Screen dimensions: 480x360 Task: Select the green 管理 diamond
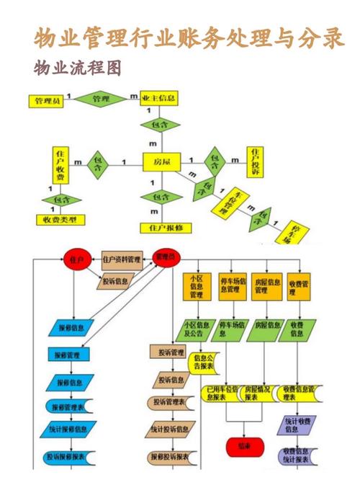click(100, 98)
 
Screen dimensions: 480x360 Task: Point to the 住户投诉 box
click(255, 161)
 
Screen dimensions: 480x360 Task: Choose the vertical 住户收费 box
click(60, 166)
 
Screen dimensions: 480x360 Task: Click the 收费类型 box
click(60, 219)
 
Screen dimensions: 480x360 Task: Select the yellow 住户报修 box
click(166, 227)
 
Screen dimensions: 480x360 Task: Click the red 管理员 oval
click(166, 257)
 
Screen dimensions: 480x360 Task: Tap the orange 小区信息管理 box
click(196, 286)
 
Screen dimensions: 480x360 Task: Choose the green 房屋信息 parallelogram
click(266, 329)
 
